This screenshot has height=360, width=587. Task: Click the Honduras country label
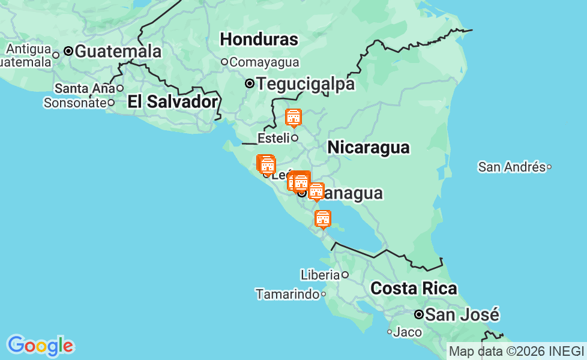pos(259,40)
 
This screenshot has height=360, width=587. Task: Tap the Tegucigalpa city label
pos(306,84)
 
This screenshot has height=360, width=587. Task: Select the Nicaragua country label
pos(368,148)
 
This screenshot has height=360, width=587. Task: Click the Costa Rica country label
pos(414,289)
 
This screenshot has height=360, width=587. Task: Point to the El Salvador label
pos(172,102)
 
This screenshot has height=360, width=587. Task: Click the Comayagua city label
pos(264,62)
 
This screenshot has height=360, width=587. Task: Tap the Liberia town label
pos(320,275)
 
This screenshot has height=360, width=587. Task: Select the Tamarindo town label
pos(287,294)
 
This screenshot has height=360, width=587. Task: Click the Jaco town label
pos(408,332)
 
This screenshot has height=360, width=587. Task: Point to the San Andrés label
pos(511,167)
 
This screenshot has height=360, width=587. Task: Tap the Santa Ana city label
pos(84,88)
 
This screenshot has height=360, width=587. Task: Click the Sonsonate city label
pos(74,103)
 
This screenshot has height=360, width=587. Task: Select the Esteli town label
pos(274,138)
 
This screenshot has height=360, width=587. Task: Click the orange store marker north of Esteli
pos(293,118)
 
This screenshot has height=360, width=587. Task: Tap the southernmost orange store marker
pos(323,218)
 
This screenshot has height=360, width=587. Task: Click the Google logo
pos(40,346)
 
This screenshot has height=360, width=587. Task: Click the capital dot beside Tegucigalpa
pos(250,84)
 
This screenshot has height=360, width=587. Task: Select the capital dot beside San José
pos(419,314)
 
